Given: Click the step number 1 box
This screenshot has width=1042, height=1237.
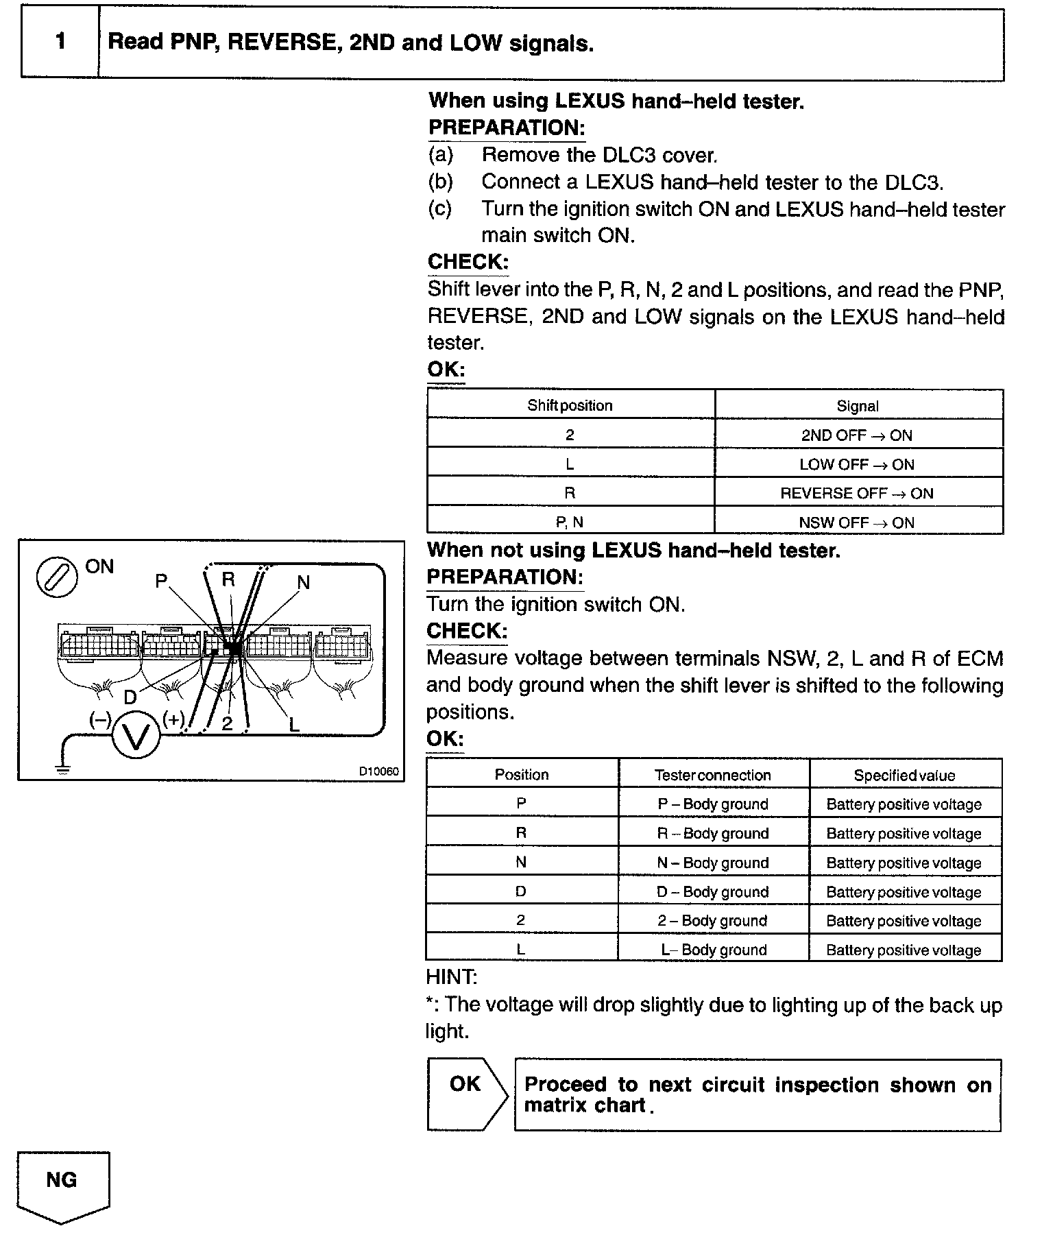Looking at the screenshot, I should pos(60,43).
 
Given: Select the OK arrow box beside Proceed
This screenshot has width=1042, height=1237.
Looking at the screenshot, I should pos(465,1094).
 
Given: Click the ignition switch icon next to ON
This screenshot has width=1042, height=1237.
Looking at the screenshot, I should pos(56,576).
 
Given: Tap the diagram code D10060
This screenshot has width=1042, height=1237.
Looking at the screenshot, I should pos(378,771).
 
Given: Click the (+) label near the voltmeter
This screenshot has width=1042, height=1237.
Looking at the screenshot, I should pos(174,719).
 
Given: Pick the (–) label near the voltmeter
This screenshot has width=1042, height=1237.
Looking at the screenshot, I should pos(100,719).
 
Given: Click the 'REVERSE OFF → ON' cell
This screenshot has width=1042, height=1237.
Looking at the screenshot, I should pos(857,493).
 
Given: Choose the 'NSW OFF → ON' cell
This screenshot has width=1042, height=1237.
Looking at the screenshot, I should pos(857,523).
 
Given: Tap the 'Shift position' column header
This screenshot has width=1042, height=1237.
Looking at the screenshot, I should pos(570,405).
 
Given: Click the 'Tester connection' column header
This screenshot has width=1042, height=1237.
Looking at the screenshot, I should pos(712,775).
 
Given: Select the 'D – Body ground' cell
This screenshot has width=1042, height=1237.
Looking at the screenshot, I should pos(712,891).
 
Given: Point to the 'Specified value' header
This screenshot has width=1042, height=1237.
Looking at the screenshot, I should pos(904,775).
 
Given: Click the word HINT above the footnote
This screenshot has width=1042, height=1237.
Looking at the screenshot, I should pos(452,976).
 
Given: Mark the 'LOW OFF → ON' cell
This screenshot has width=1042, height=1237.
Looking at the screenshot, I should pos(857,464).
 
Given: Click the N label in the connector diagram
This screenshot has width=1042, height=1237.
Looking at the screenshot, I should pos(303,582).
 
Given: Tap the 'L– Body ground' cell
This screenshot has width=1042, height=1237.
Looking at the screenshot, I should pos(712,950).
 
